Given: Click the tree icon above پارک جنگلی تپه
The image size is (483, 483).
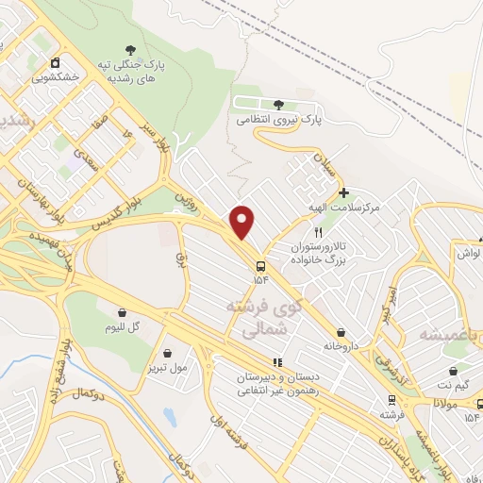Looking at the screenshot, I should point(129,50).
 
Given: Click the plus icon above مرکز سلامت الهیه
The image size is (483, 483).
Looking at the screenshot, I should point(344,192).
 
